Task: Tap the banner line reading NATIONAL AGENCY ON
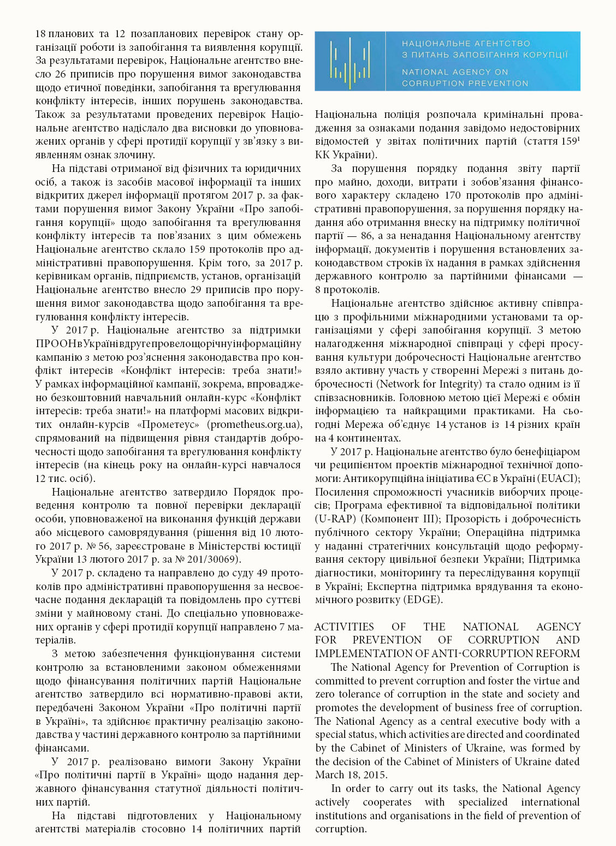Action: (x=455, y=72)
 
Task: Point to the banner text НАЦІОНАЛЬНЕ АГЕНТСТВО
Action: (x=466, y=43)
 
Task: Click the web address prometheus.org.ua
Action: (x=255, y=425)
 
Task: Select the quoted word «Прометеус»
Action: (x=171, y=425)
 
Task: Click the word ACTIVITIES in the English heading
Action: (x=344, y=627)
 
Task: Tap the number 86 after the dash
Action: (x=368, y=236)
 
